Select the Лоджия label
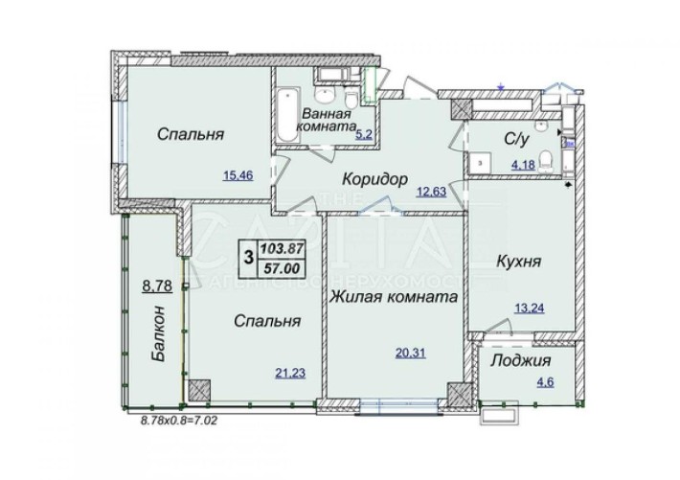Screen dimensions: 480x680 click(x=519, y=361)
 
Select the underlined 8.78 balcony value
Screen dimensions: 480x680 click(x=156, y=285)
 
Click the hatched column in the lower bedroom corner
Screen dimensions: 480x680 click(x=198, y=389)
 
